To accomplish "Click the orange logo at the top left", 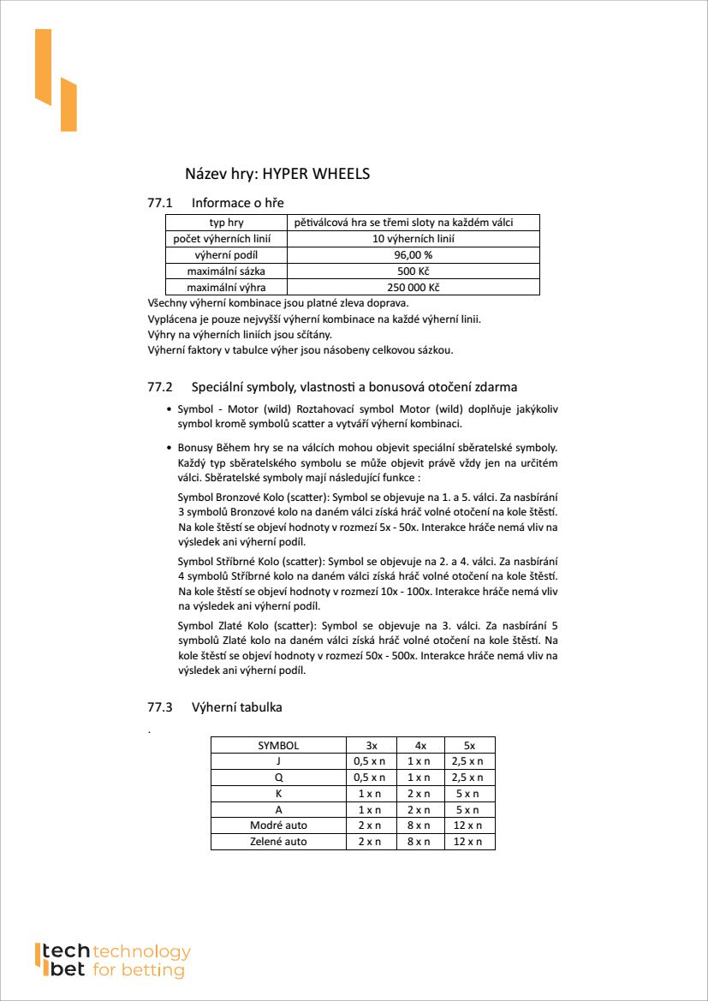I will click(56, 80).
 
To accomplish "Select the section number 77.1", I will click(160, 203).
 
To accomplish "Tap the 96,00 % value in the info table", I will click(413, 255).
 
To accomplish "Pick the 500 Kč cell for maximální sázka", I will click(413, 271).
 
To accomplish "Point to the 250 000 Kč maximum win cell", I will click(413, 288).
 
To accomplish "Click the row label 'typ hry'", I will click(226, 223).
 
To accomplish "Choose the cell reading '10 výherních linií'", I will click(413, 239).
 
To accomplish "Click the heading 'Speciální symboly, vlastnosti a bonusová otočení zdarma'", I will click(354, 387).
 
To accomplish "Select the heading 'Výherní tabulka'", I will click(237, 707).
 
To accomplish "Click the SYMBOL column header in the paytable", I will click(278, 745).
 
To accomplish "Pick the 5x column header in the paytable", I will click(469, 745).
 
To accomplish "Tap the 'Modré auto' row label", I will click(278, 825).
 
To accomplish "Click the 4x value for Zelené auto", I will click(419, 842).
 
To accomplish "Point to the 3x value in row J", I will click(370, 761).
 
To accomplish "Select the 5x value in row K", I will click(469, 794).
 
